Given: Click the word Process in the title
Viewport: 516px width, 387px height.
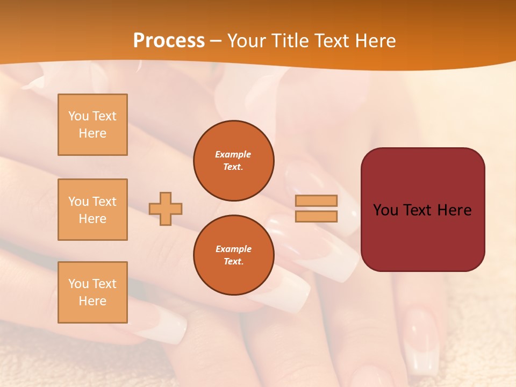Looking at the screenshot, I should tap(169, 41).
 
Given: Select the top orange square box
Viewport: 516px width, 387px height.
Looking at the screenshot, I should tap(92, 125).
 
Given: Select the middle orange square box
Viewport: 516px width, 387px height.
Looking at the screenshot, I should tap(92, 210).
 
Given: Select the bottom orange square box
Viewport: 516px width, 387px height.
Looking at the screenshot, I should tap(92, 292).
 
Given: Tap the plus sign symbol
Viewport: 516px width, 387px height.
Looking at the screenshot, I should tap(166, 209).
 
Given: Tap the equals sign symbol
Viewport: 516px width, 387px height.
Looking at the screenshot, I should tap(316, 209).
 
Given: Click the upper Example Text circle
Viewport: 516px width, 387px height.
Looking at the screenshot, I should tap(233, 161).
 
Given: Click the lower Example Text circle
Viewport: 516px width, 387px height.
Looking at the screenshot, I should tap(233, 255).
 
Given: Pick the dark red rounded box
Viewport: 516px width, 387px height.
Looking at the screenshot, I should tap(422, 210).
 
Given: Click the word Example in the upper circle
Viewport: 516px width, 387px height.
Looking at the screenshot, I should tap(233, 154).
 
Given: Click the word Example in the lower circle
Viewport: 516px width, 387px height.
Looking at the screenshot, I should tap(233, 249).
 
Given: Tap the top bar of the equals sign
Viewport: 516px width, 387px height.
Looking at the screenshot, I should tap(316, 200).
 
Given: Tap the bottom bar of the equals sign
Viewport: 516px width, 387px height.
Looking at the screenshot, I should tap(316, 216).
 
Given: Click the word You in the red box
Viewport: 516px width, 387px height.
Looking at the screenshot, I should tap(385, 210).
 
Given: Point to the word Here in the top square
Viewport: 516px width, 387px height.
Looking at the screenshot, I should tap(92, 133).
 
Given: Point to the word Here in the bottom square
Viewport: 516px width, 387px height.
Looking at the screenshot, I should tap(92, 301).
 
